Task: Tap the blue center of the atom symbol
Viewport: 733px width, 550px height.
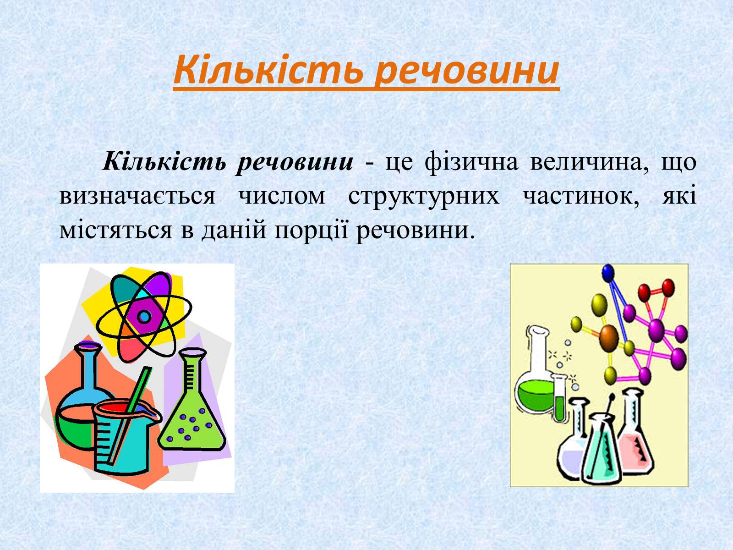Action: click(144, 316)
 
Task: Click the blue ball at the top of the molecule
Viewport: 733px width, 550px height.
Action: click(608, 273)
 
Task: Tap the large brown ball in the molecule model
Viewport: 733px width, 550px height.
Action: click(609, 339)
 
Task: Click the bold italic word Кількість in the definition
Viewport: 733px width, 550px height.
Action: click(164, 162)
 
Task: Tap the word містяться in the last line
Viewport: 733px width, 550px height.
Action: click(115, 231)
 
